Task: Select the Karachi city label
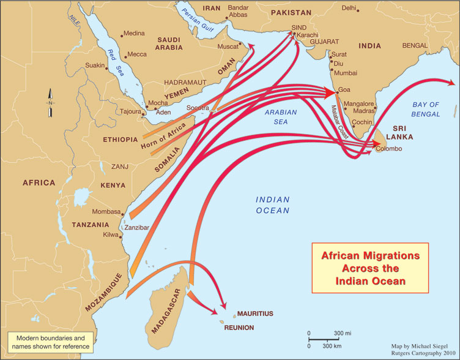click(309, 36)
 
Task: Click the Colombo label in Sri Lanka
click(388, 149)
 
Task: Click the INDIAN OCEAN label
click(272, 205)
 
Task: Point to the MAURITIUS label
click(254, 313)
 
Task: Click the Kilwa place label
click(111, 234)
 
